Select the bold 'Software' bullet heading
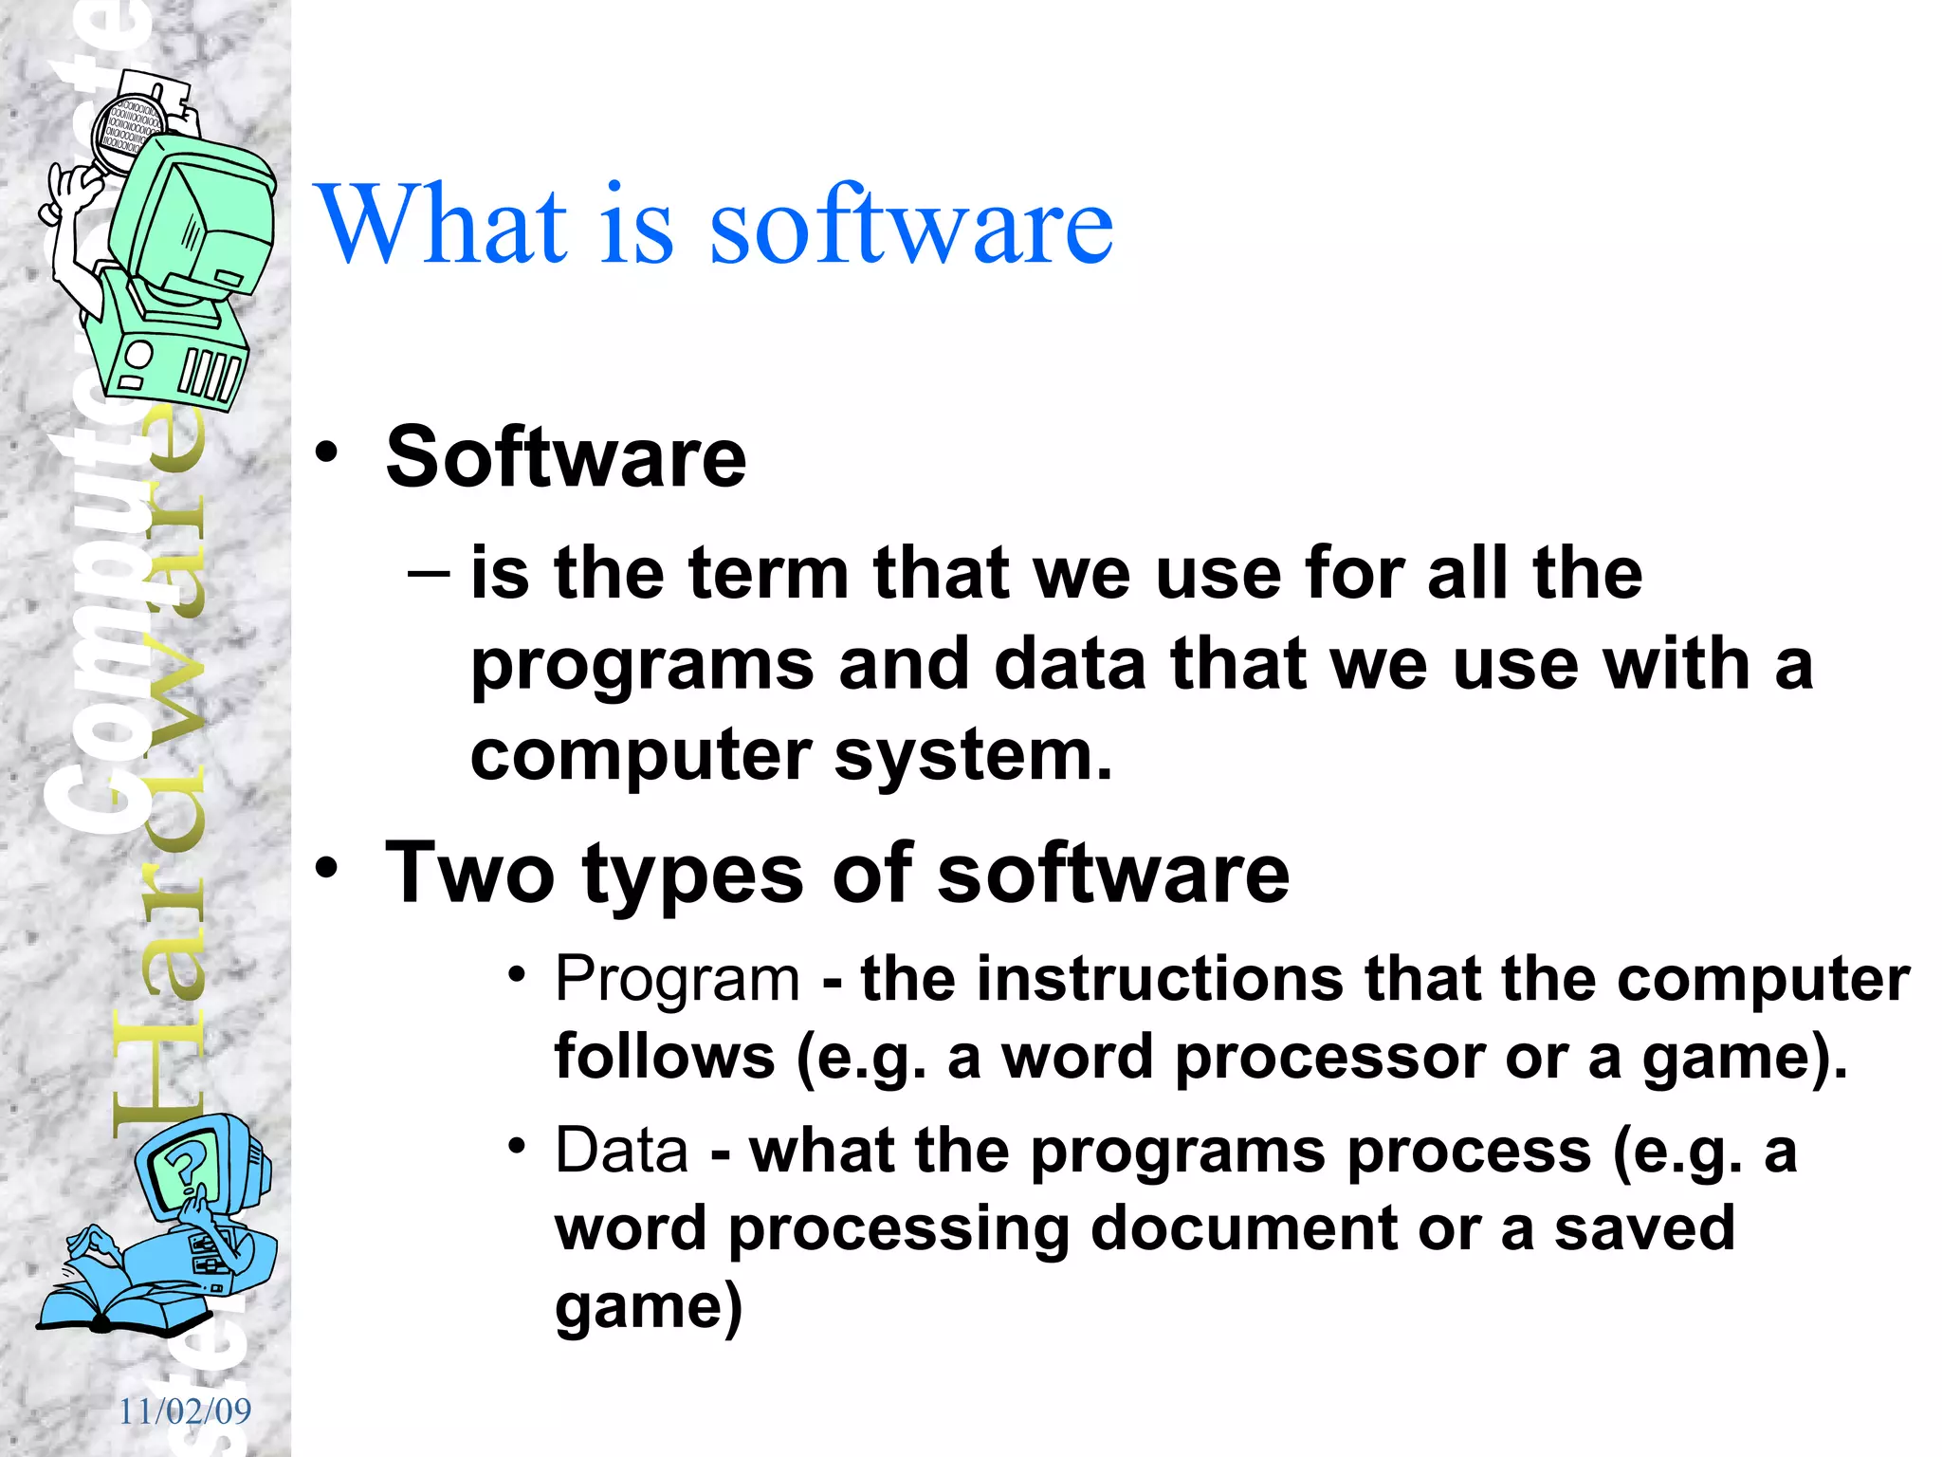[x=566, y=458]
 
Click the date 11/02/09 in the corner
[x=185, y=1411]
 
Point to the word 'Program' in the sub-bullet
[x=677, y=979]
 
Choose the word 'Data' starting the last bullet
[x=621, y=1151]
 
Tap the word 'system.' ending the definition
[x=973, y=756]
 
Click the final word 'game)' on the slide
[x=648, y=1307]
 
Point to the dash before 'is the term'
[x=429, y=573]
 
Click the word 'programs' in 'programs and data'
[x=642, y=665]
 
